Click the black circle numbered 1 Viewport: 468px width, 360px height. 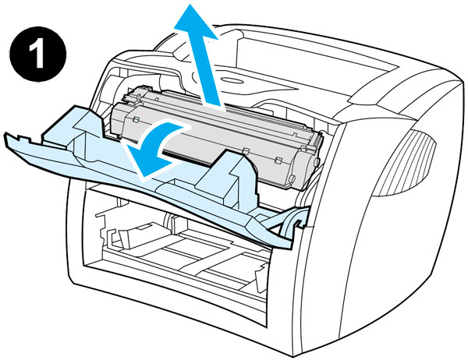(x=38, y=54)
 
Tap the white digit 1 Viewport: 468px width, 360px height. (x=37, y=55)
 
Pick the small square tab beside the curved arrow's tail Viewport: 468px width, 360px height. (x=136, y=119)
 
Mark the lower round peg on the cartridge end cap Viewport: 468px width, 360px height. (x=292, y=178)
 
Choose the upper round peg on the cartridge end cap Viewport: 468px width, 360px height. (x=317, y=162)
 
